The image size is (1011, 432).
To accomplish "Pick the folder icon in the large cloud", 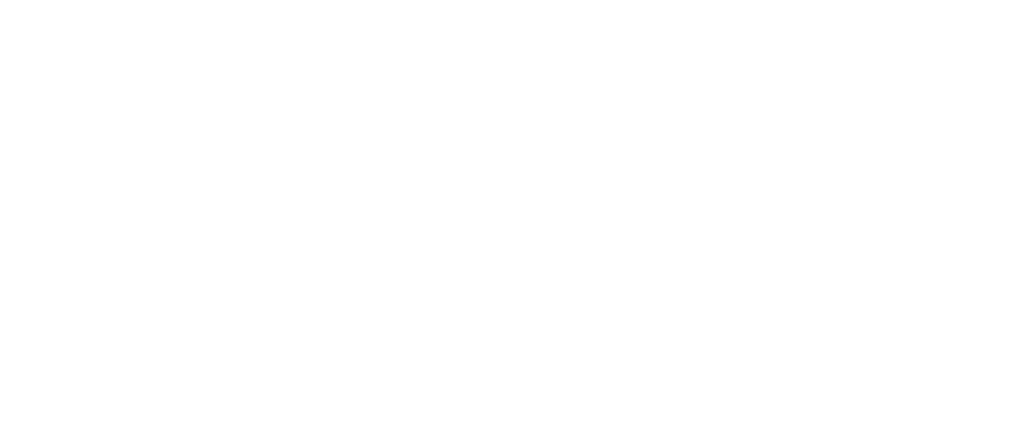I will pyautogui.click(x=495, y=103).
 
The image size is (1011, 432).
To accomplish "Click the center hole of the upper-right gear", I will pyautogui.click(x=794, y=72).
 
